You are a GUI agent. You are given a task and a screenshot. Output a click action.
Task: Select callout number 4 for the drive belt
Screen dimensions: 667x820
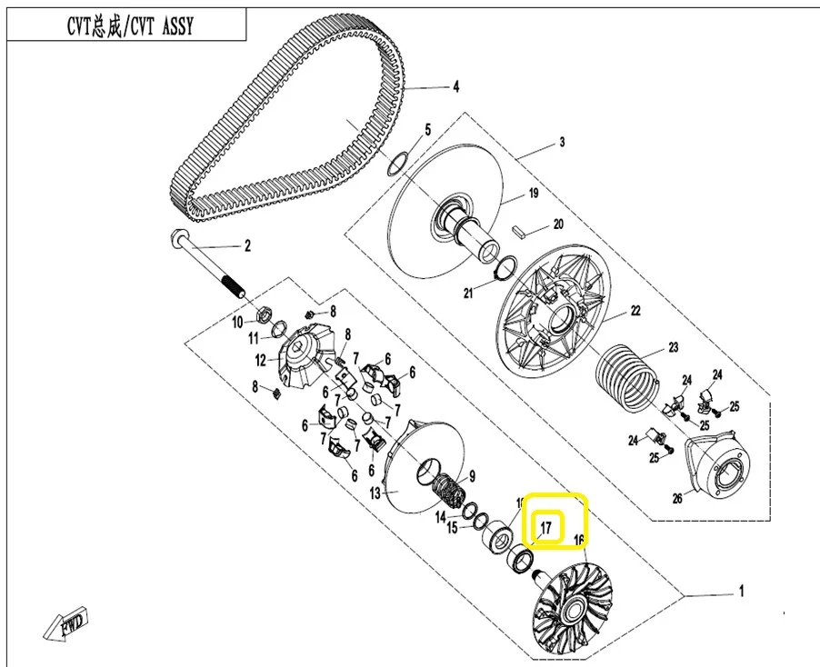[x=455, y=88]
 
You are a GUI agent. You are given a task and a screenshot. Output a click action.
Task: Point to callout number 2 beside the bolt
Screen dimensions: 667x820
[x=245, y=245]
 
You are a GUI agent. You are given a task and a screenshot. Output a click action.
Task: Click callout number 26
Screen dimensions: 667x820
[x=676, y=497]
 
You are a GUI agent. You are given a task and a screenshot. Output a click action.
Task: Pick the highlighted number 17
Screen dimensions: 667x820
[x=546, y=528]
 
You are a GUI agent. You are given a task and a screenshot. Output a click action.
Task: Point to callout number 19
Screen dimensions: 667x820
[x=534, y=193]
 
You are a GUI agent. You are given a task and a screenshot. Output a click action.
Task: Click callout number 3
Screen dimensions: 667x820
[x=562, y=143]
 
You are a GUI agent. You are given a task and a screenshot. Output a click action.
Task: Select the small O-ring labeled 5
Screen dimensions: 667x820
[x=397, y=164]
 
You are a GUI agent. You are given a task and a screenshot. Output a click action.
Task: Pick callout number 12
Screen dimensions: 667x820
[x=260, y=359]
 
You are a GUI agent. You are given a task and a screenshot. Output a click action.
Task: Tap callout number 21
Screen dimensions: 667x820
[x=467, y=293]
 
